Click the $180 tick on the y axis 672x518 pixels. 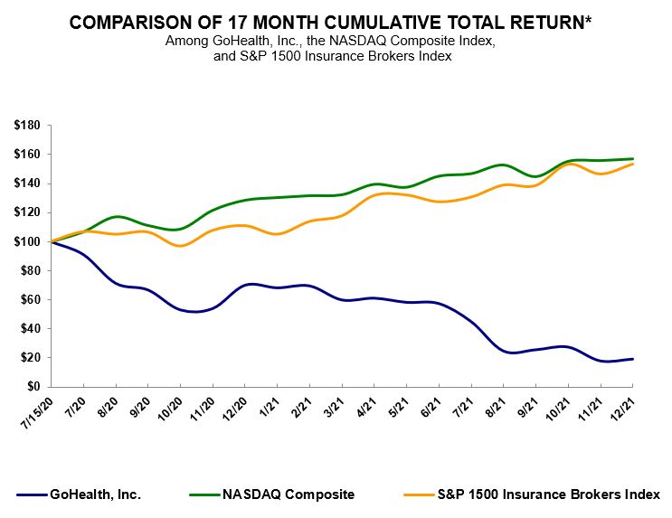point(26,126)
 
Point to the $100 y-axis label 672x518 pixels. point(26,241)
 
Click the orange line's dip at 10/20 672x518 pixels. point(180,246)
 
